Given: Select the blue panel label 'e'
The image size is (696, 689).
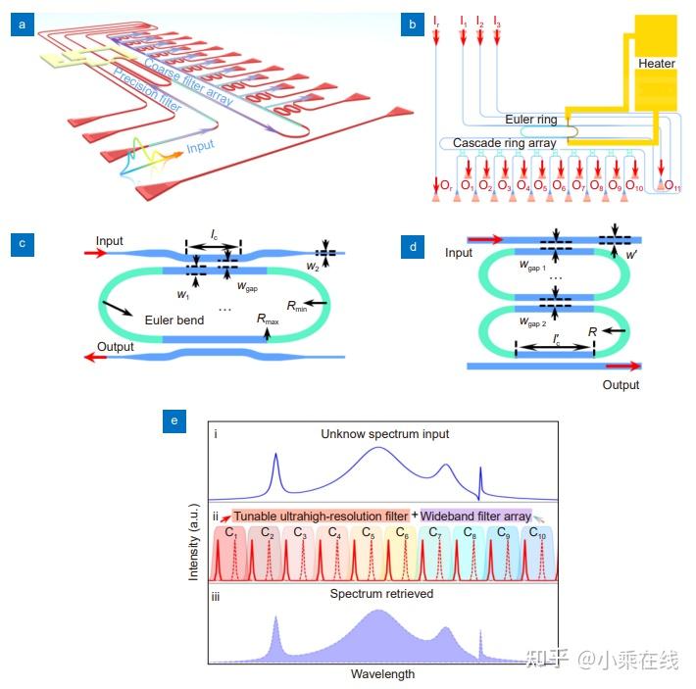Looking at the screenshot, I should click(x=174, y=421).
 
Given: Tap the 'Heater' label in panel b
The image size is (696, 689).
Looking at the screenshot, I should click(x=656, y=64).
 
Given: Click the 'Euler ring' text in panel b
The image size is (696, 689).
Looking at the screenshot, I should click(x=531, y=120).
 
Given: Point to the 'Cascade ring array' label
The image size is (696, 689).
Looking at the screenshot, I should click(x=504, y=143).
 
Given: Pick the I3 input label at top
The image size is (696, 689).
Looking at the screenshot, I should click(x=497, y=21).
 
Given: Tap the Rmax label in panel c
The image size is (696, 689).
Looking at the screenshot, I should click(x=270, y=320).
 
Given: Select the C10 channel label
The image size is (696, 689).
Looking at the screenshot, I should click(x=538, y=532).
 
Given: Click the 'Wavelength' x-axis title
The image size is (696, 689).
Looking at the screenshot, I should click(x=382, y=674).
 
